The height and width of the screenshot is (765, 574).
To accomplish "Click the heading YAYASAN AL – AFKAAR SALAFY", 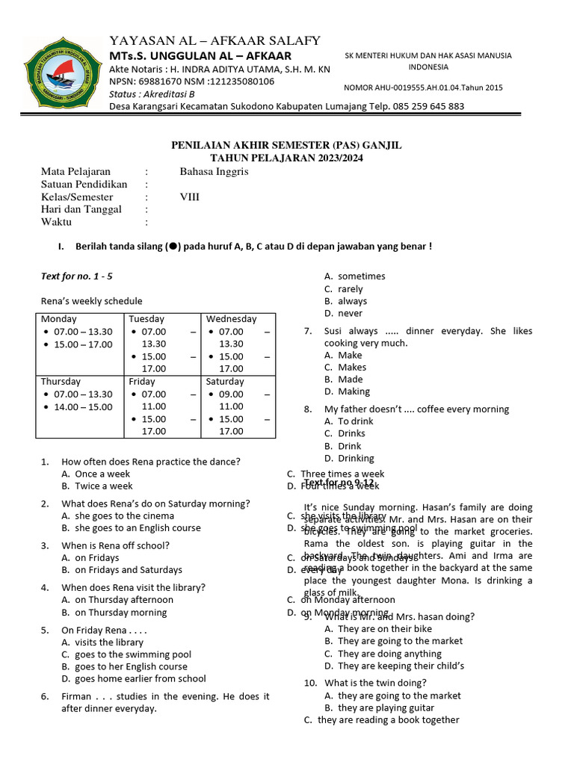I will coord(215,40).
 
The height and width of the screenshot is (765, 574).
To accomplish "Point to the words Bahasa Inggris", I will coord(214,171).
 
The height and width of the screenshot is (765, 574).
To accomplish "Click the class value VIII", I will coord(190,197).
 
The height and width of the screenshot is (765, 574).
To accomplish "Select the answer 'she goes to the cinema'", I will coord(124,515).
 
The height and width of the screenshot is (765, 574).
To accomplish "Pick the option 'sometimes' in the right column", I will coord(361,276).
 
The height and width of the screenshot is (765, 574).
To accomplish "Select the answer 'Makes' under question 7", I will coord(351,367).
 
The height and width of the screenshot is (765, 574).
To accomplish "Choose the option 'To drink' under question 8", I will coord(355,421).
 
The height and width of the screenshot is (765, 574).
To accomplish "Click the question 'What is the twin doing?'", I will coord(375,683).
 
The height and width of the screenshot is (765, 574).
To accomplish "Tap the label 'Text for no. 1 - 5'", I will coord(76,276).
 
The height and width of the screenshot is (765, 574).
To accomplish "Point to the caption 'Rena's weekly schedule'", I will coord(91,301).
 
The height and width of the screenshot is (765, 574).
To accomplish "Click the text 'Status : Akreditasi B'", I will coord(152,94).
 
